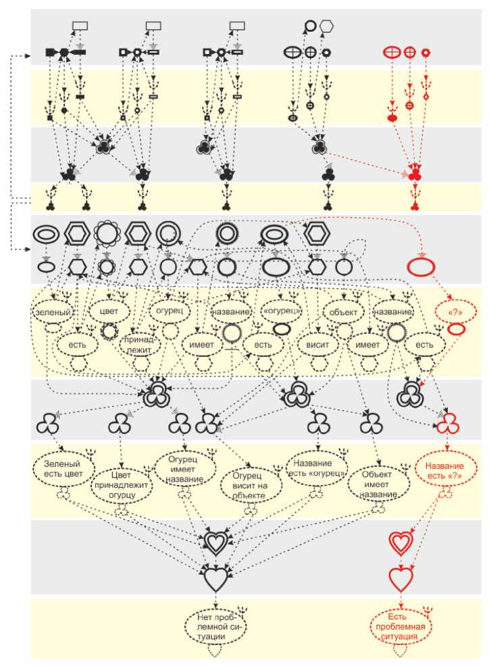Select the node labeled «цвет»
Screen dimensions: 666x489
point(109,312)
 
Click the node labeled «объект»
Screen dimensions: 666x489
point(343,312)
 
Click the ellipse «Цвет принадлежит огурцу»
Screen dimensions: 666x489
point(122,484)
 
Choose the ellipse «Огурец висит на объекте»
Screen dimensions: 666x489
point(251,484)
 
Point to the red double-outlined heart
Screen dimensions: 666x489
point(400,543)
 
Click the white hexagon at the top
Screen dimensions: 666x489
point(328,26)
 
